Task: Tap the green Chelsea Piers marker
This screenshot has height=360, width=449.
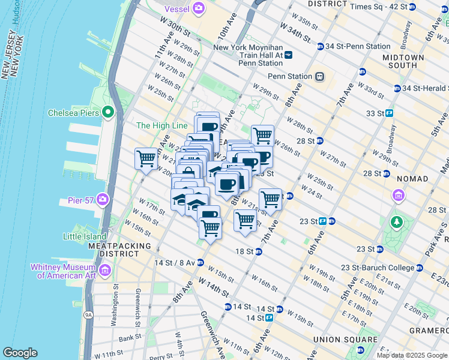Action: [x=108, y=112]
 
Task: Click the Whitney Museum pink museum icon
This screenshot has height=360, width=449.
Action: [x=105, y=271]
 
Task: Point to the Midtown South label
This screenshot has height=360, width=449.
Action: [x=399, y=61]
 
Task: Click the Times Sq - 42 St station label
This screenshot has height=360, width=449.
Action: [x=387, y=7]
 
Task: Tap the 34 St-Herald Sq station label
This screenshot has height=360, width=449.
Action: [x=425, y=88]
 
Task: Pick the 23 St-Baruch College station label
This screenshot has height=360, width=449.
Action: [x=378, y=268]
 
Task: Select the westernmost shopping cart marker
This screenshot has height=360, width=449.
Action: [x=146, y=160]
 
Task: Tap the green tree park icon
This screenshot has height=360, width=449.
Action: [x=396, y=223]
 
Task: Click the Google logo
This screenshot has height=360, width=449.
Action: [x=20, y=353]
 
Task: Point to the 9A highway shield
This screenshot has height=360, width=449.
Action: [x=89, y=313]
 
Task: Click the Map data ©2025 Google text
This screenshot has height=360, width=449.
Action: [x=411, y=355]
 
